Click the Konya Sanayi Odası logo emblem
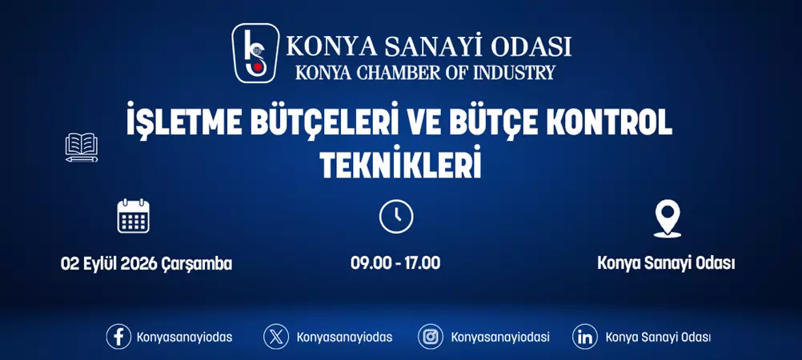[x=256, y=53]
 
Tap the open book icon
[x=82, y=147]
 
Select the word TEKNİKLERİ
[x=400, y=165]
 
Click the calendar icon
[x=134, y=216]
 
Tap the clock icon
[x=395, y=216]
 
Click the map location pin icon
[x=667, y=218]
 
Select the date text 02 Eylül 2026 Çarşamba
[x=146, y=263]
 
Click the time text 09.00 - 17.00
[x=395, y=263]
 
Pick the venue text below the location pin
[x=666, y=263]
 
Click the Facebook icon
[x=118, y=337]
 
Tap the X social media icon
[x=276, y=337]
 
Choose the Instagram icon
[x=431, y=337]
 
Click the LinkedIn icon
[x=585, y=337]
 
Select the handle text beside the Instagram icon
[x=500, y=337]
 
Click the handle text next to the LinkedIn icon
[x=658, y=337]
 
